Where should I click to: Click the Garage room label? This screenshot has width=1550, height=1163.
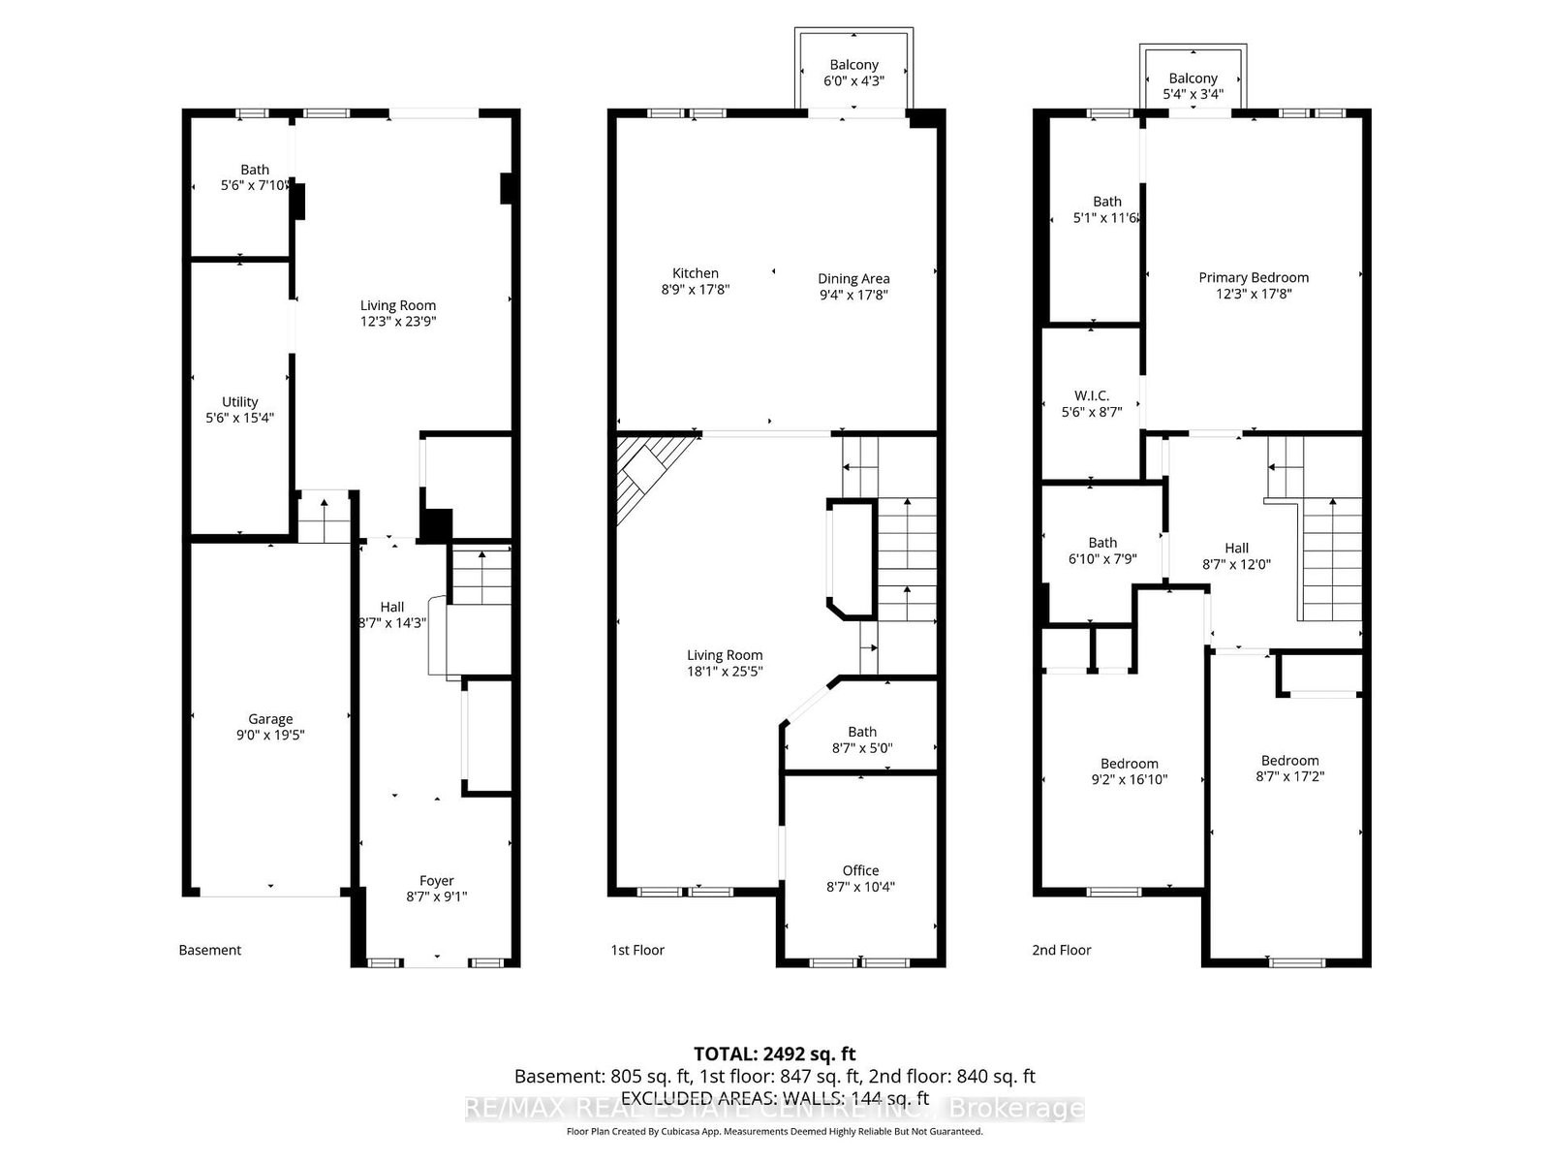point(270,719)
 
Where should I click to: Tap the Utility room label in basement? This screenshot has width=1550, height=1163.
point(240,401)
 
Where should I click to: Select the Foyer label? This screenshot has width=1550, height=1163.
point(436,880)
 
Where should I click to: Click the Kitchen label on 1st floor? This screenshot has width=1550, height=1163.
point(696,273)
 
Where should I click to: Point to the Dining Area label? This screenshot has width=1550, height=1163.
point(853,278)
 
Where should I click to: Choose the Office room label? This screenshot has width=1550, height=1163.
point(860,870)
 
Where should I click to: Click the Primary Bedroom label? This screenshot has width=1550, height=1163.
point(1254,277)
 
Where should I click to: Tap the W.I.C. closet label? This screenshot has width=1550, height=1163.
point(1092,395)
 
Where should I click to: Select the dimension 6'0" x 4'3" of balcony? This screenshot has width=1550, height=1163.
point(853,80)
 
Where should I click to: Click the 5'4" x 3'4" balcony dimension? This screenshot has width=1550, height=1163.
point(1193,94)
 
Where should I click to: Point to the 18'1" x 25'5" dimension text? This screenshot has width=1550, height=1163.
point(725,671)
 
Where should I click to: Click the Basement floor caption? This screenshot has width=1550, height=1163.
point(210,950)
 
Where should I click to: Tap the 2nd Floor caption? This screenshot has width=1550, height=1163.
point(1061,950)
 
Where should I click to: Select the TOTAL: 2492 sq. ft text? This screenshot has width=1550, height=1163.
point(774,1053)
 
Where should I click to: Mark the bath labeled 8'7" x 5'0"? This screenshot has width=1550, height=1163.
point(862,739)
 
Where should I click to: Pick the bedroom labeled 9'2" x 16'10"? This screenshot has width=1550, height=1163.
point(1129,770)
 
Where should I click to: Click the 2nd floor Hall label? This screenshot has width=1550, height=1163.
point(1236,548)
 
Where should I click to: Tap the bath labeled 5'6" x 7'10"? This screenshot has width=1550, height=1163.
point(255,176)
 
